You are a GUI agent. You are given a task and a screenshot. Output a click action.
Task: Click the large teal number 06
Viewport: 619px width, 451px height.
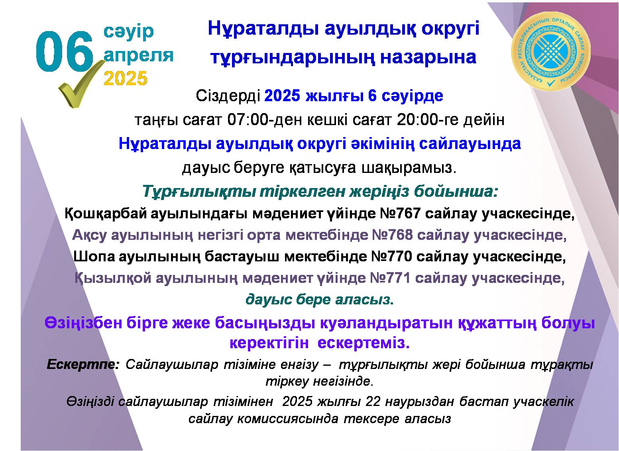65,52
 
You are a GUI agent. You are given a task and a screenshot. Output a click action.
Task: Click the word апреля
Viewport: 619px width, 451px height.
138,56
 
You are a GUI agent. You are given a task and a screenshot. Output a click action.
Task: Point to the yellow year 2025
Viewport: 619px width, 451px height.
126,78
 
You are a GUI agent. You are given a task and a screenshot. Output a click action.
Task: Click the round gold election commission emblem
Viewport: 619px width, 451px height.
551,51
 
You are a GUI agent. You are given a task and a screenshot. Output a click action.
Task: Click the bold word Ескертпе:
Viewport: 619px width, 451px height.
83,365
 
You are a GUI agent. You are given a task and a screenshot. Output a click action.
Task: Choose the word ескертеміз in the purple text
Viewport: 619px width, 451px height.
364,343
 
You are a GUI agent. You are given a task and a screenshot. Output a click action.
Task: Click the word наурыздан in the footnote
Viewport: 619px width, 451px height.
420,402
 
